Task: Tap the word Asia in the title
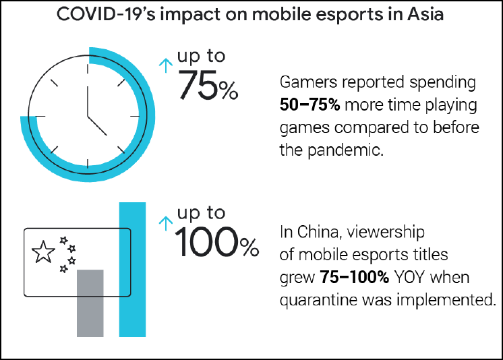pos(425,16)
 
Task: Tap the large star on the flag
pos(44,252)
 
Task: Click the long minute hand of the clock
pos(87,88)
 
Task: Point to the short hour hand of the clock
pos(96,124)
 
